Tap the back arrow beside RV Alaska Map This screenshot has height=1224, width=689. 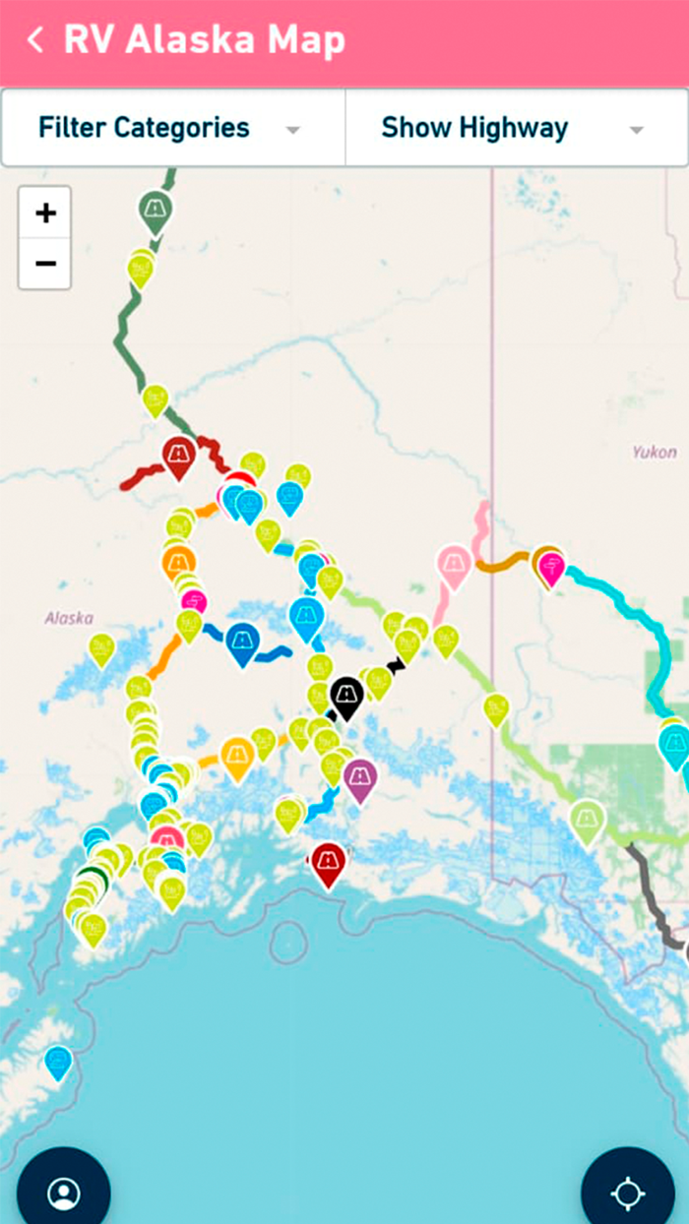[x=35, y=40]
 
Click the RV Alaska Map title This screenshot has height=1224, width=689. [x=204, y=40]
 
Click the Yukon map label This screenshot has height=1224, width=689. [x=655, y=453]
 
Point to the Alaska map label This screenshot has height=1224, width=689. [x=69, y=618]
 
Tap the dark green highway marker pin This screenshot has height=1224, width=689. [x=155, y=209]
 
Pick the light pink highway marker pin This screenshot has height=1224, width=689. [x=453, y=565]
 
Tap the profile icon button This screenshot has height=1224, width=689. [x=63, y=1193]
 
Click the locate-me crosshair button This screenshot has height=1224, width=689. [x=627, y=1193]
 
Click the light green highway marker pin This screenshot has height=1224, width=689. [x=587, y=819]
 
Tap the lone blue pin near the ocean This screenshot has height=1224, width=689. [x=58, y=1061]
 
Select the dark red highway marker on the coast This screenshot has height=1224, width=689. [x=328, y=862]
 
